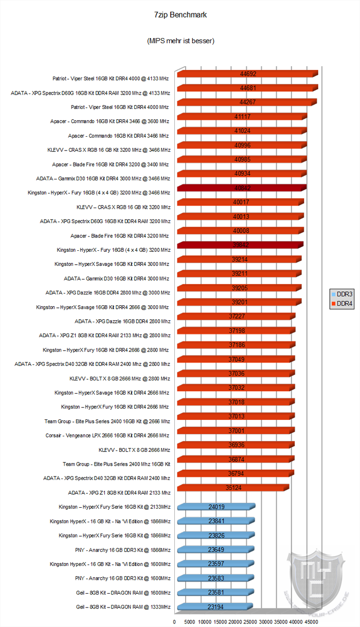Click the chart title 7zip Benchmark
pyautogui.click(x=180, y=15)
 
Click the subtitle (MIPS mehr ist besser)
pyautogui.click(x=181, y=41)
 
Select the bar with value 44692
pyautogui.click(x=248, y=74)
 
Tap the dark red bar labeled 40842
pyautogui.click(x=242, y=188)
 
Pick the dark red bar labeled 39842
pyautogui.click(x=240, y=245)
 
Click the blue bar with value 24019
pyautogui.click(x=217, y=507)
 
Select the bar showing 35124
pyautogui.click(x=233, y=488)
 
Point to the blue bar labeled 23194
pyautogui.click(x=215, y=606)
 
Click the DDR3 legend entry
pyautogui.click(x=342, y=294)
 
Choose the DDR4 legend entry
pyautogui.click(x=342, y=303)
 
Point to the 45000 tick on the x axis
pyautogui.click(x=311, y=622)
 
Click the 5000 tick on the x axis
pyautogui.click(x=189, y=622)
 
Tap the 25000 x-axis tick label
pyautogui.click(x=250, y=622)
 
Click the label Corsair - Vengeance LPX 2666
pyautogui.click(x=107, y=435)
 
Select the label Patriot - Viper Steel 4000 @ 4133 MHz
pyautogui.click(x=111, y=79)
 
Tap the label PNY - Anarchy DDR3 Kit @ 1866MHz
pyautogui.click(x=123, y=550)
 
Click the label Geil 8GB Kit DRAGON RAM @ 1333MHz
pyautogui.click(x=123, y=607)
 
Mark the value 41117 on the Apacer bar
pyautogui.click(x=242, y=117)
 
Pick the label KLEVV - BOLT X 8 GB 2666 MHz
pyautogui.click(x=134, y=450)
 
